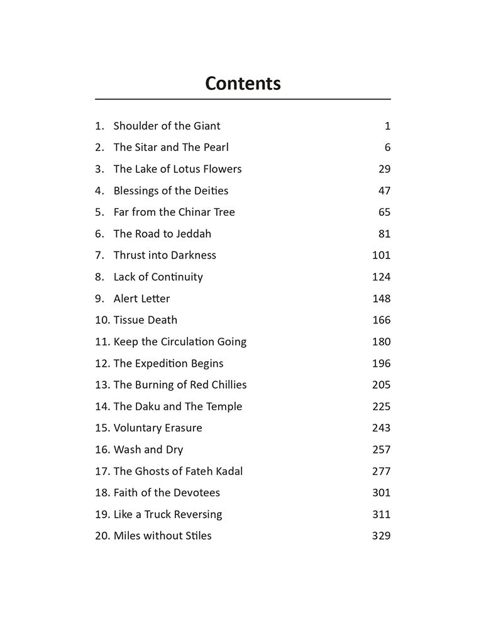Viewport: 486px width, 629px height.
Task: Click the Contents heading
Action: pyautogui.click(x=243, y=83)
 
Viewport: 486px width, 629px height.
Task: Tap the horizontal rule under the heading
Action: pyautogui.click(x=243, y=99)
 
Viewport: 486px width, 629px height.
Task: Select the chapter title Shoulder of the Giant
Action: pyautogui.click(x=167, y=126)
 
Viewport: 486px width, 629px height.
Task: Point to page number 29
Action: pyautogui.click(x=384, y=169)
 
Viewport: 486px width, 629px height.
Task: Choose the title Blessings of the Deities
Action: pyautogui.click(x=170, y=191)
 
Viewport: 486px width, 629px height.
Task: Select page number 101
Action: pyautogui.click(x=381, y=255)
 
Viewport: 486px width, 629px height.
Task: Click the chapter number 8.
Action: pyautogui.click(x=99, y=277)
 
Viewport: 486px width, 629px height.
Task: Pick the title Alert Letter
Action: pyautogui.click(x=141, y=299)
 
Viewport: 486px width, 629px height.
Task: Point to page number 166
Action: pyautogui.click(x=381, y=320)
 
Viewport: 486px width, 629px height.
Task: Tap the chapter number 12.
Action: pyautogui.click(x=102, y=364)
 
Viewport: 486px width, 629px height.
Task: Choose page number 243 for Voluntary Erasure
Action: pyautogui.click(x=381, y=428)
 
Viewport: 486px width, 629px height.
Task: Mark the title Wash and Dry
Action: pyautogui.click(x=148, y=450)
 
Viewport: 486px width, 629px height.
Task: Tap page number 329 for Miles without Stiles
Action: pyautogui.click(x=381, y=536)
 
